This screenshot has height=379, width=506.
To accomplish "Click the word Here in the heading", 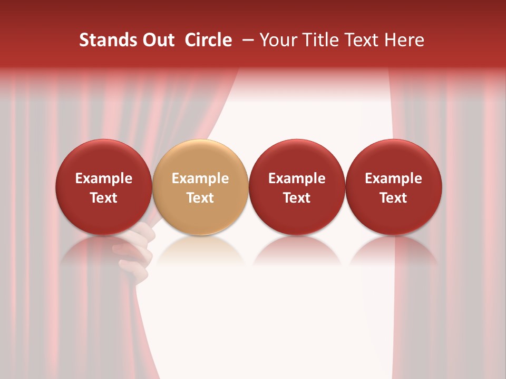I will [x=404, y=40].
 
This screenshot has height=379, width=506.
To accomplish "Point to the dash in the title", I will [x=246, y=40].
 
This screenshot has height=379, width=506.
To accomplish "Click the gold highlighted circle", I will [x=200, y=187].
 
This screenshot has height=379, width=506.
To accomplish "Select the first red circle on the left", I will [x=104, y=187].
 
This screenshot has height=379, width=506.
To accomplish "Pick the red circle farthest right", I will [x=394, y=187].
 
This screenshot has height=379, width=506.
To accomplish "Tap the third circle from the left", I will [x=297, y=187].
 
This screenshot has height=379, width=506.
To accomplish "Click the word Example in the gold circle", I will [x=200, y=178].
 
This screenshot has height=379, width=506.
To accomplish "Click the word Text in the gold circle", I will [x=200, y=198].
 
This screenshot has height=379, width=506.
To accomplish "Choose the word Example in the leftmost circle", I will [x=104, y=178].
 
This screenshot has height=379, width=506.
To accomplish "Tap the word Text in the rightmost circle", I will [x=394, y=198].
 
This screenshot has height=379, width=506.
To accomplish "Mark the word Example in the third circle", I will [x=297, y=178].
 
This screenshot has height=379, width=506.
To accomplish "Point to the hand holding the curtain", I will [x=139, y=247].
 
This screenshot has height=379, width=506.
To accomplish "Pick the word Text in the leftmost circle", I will [x=104, y=198].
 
